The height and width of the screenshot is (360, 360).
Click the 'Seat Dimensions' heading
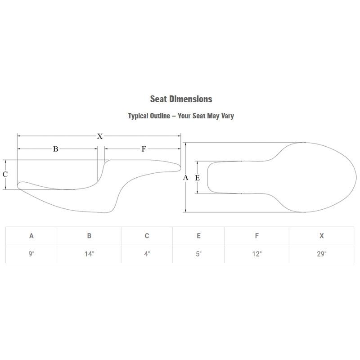[181, 99]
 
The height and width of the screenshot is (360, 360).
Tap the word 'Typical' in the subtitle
[138, 116]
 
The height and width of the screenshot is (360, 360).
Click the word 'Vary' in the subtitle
[228, 116]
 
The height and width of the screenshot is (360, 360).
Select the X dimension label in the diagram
[99, 136]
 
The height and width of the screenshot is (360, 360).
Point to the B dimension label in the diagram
[55, 149]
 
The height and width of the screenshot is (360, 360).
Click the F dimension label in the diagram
[144, 149]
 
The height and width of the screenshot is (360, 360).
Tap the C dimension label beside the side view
[5, 174]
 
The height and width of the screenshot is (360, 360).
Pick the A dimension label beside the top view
[185, 177]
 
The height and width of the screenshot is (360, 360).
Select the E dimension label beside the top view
[198, 178]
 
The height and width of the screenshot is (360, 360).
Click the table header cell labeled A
[31, 236]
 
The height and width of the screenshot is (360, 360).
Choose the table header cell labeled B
[89, 236]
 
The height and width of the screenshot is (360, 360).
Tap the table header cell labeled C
[147, 236]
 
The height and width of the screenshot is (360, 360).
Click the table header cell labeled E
[198, 236]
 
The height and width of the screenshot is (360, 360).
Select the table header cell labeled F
[256, 236]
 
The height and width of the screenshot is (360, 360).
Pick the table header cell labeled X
[321, 236]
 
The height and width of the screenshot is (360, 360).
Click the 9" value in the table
[31, 254]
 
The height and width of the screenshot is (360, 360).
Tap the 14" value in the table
[89, 254]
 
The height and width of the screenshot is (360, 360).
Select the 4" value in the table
[147, 254]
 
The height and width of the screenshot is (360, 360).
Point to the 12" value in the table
[256, 254]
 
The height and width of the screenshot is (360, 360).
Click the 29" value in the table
[321, 254]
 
